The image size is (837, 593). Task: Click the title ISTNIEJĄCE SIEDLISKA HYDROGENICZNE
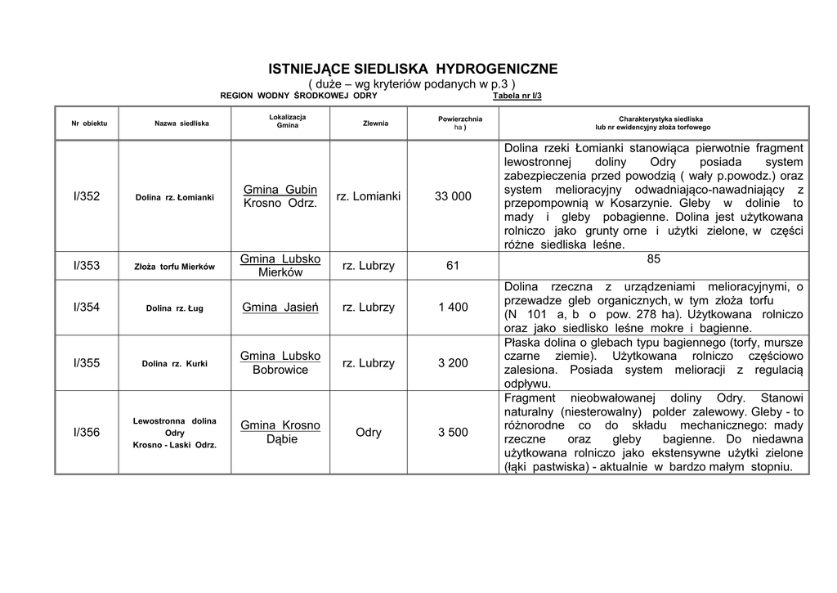[414, 69]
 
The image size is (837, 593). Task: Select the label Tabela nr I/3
[517, 96]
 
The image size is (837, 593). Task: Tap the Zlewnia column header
[375, 124]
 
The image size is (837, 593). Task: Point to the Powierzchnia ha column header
[460, 124]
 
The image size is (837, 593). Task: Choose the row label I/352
[87, 196]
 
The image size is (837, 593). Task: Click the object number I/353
[87, 266]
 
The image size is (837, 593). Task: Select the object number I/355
[87, 362]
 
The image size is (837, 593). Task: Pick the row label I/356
[87, 432]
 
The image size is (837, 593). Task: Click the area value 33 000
[453, 196]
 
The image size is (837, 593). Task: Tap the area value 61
[453, 266]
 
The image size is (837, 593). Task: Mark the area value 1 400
[453, 308]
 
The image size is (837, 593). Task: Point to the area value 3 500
[453, 432]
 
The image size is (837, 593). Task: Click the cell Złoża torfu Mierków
[175, 267]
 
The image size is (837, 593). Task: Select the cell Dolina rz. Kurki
[175, 363]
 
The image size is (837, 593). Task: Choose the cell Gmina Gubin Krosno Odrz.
[280, 196]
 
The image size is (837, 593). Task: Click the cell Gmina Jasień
[280, 308]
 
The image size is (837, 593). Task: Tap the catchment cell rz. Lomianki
[369, 196]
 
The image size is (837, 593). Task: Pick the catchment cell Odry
[369, 432]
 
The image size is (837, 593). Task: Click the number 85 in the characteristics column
[653, 259]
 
